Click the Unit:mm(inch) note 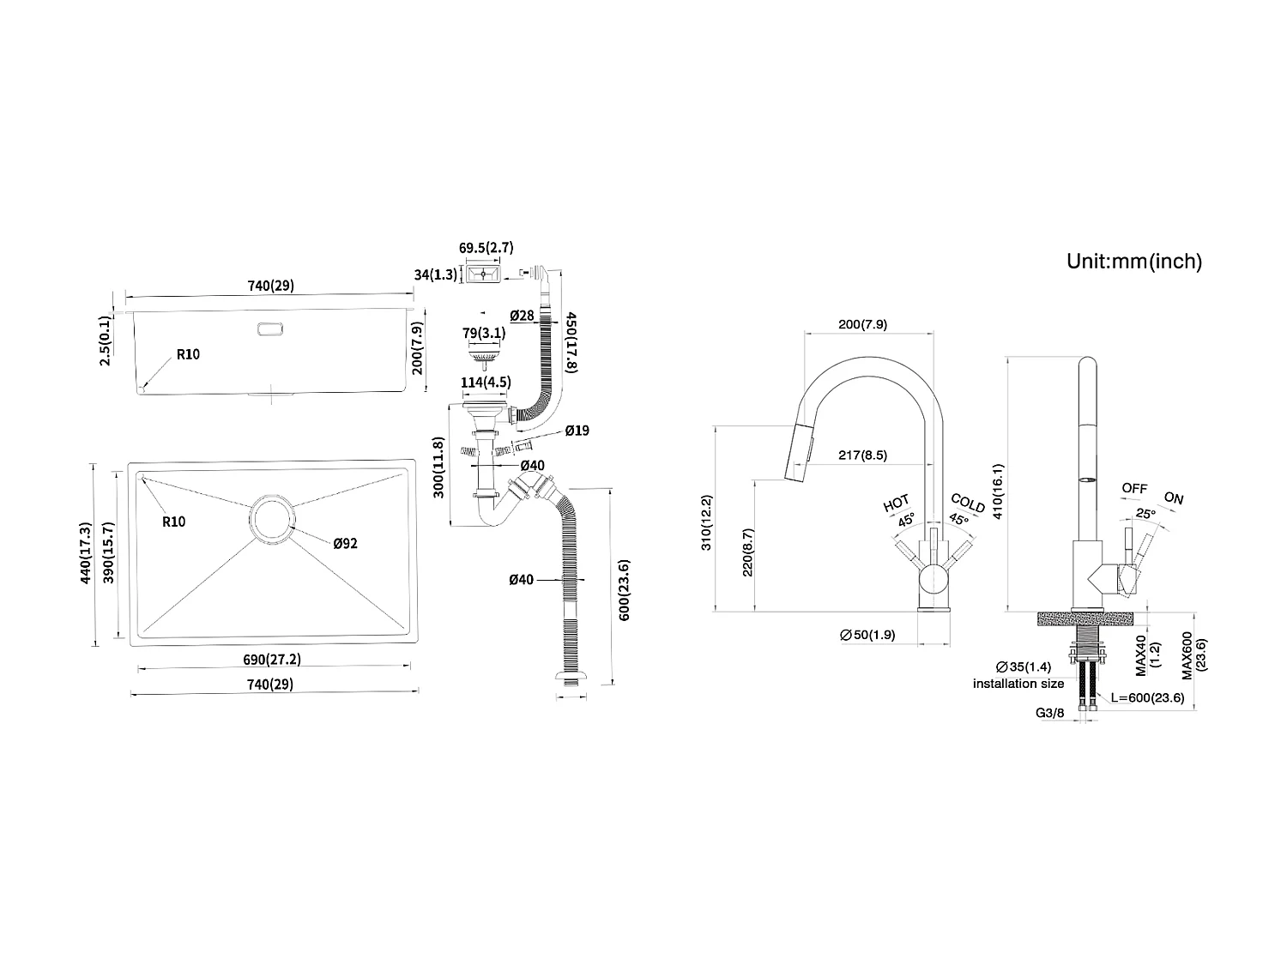tap(1134, 261)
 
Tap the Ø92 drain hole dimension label tap(346, 543)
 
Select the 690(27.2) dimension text tap(272, 659)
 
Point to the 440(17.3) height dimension tap(86, 552)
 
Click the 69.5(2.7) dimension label tap(486, 247)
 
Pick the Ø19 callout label tap(577, 431)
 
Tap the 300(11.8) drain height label tap(438, 467)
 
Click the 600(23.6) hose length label tap(624, 590)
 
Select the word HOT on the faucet tap(896, 503)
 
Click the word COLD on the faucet tap(968, 503)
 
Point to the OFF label tap(1134, 488)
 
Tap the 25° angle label tap(1145, 513)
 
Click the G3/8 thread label tap(1049, 713)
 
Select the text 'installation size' tap(1018, 683)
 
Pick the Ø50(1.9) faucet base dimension tap(867, 635)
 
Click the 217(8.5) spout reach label tap(862, 455)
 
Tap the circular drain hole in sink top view tap(273, 519)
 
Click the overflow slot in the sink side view tap(270, 329)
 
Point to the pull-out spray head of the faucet tap(798, 453)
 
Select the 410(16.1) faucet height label tap(998, 491)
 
